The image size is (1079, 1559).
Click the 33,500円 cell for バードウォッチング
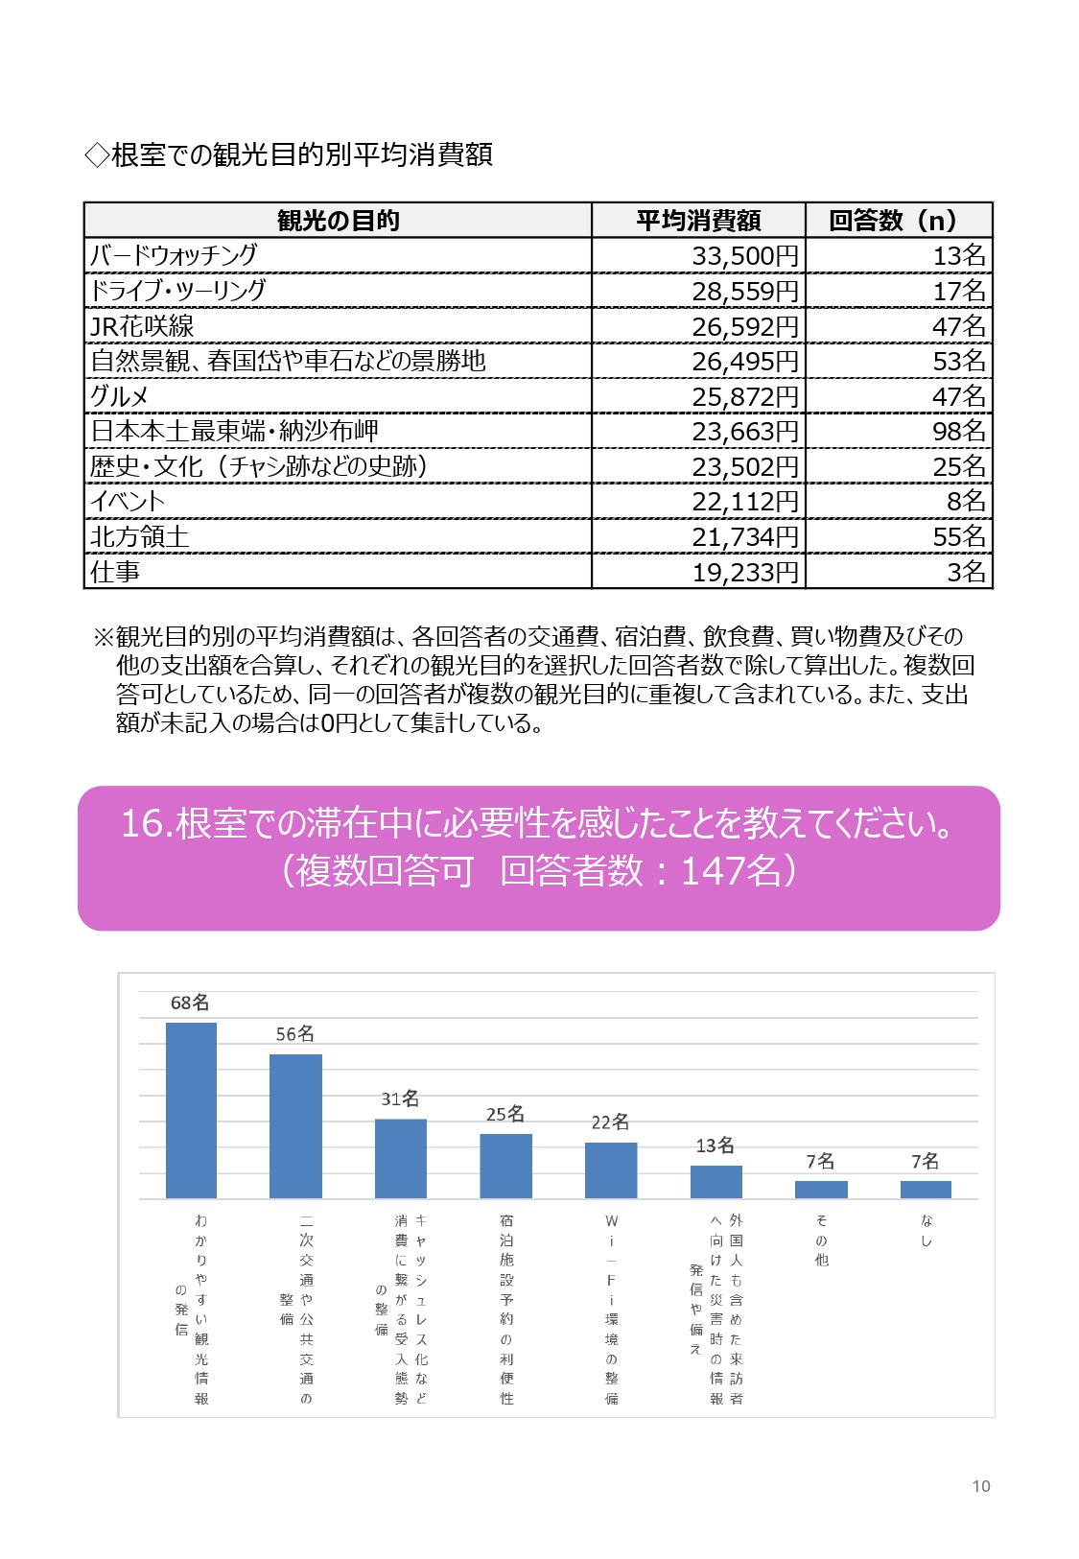pyautogui.click(x=744, y=256)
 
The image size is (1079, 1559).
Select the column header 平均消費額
pyautogui.click(x=698, y=221)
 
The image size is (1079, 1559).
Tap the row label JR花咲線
pyautogui.click(x=142, y=326)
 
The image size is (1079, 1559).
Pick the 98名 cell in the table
pyautogui.click(x=959, y=432)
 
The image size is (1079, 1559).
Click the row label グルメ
pyautogui.click(x=119, y=397)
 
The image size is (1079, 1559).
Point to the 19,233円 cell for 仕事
pyautogui.click(x=744, y=572)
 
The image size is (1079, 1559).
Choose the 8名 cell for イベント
pyautogui.click(x=966, y=501)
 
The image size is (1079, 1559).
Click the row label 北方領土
pyautogui.click(x=139, y=536)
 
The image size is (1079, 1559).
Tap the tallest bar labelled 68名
pyautogui.click(x=191, y=1111)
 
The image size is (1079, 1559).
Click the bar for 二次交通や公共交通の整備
pyautogui.click(x=295, y=1126)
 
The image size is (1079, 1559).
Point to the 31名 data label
pyautogui.click(x=400, y=1098)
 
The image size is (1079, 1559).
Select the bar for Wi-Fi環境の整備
pyautogui.click(x=611, y=1170)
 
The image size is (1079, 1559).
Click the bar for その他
pyautogui.click(x=821, y=1190)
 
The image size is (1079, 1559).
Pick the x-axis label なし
pyautogui.click(x=926, y=1231)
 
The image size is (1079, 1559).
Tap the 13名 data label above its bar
pyautogui.click(x=715, y=1145)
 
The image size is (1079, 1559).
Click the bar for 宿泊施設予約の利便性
pyautogui.click(x=505, y=1167)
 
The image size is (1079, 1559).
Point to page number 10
pyautogui.click(x=981, y=1487)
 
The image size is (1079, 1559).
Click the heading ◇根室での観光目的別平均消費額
pyautogui.click(x=288, y=154)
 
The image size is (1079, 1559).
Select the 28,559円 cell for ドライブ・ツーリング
pyautogui.click(x=744, y=291)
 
